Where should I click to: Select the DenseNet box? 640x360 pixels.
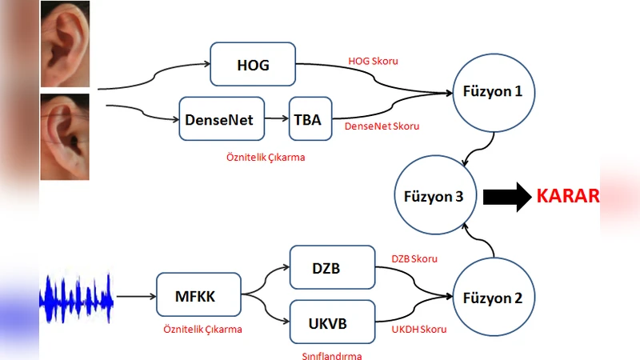[219, 119]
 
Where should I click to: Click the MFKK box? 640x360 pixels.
[196, 297]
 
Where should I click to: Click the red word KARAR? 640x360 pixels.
[567, 196]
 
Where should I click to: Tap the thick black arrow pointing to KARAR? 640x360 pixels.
[506, 196]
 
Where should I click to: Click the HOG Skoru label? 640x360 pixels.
[373, 61]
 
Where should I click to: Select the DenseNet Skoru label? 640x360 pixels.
[382, 126]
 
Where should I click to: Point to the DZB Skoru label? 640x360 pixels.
[414, 258]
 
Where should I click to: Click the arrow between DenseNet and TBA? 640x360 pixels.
[274, 119]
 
